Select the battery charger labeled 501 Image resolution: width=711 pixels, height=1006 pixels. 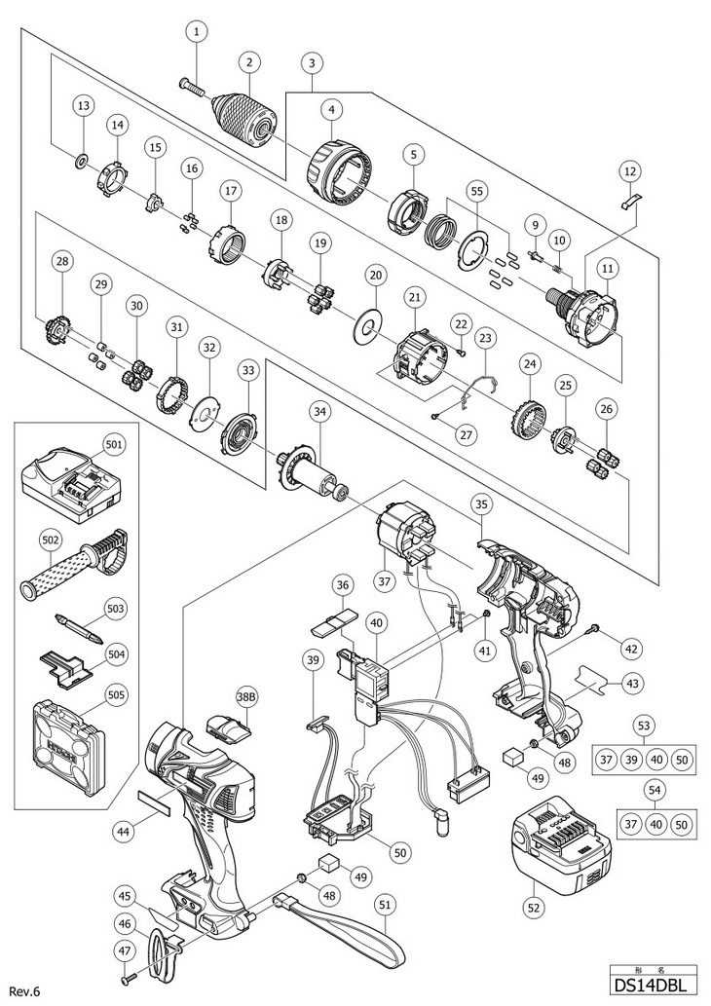point(69,481)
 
